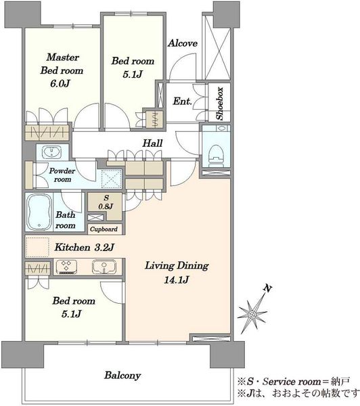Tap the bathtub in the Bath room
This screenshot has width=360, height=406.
(x=39, y=212)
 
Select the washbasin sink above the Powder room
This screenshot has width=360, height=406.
(x=52, y=152)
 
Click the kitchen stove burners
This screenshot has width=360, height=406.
(x=66, y=267)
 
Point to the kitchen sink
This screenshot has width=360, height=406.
(x=104, y=267)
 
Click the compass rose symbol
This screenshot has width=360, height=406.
(x=252, y=314)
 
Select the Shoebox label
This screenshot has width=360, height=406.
(x=220, y=104)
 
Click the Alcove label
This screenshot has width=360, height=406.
(x=183, y=43)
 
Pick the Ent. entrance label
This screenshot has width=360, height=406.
(x=182, y=101)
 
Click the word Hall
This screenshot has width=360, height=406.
(x=152, y=143)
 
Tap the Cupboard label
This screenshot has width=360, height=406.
(x=104, y=229)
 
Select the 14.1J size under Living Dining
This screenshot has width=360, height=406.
(x=177, y=279)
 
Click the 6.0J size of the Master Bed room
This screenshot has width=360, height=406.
(x=60, y=83)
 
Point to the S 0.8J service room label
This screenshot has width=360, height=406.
(x=106, y=202)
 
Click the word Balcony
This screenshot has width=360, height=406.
(x=122, y=376)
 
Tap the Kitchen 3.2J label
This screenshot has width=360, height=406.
(x=84, y=247)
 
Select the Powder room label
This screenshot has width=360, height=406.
(x=62, y=175)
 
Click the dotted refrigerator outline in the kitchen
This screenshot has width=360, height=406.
(x=38, y=247)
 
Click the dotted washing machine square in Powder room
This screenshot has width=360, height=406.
(x=112, y=179)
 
